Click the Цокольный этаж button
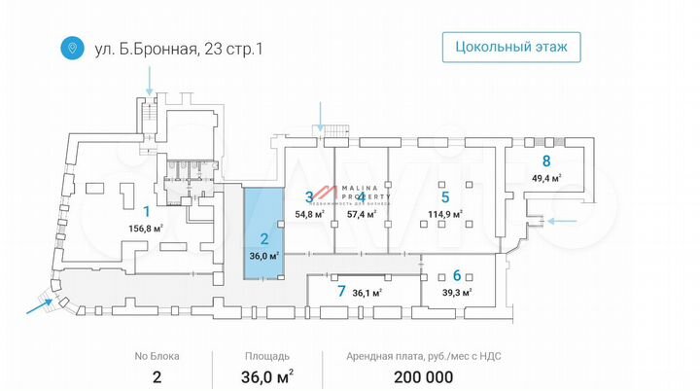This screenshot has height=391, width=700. click(511, 47)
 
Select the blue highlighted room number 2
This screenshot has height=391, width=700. click(262, 237)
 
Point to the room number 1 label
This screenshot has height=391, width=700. click(147, 211)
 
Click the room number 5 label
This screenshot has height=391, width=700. click(443, 196)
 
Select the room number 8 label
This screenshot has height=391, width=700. click(546, 161)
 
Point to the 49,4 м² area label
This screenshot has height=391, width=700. click(546, 179)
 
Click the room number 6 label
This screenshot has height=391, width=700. click(456, 275)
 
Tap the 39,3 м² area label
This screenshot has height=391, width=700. click(456, 292)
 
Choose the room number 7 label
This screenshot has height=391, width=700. click(340, 291)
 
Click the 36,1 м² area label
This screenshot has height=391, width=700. click(367, 292)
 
